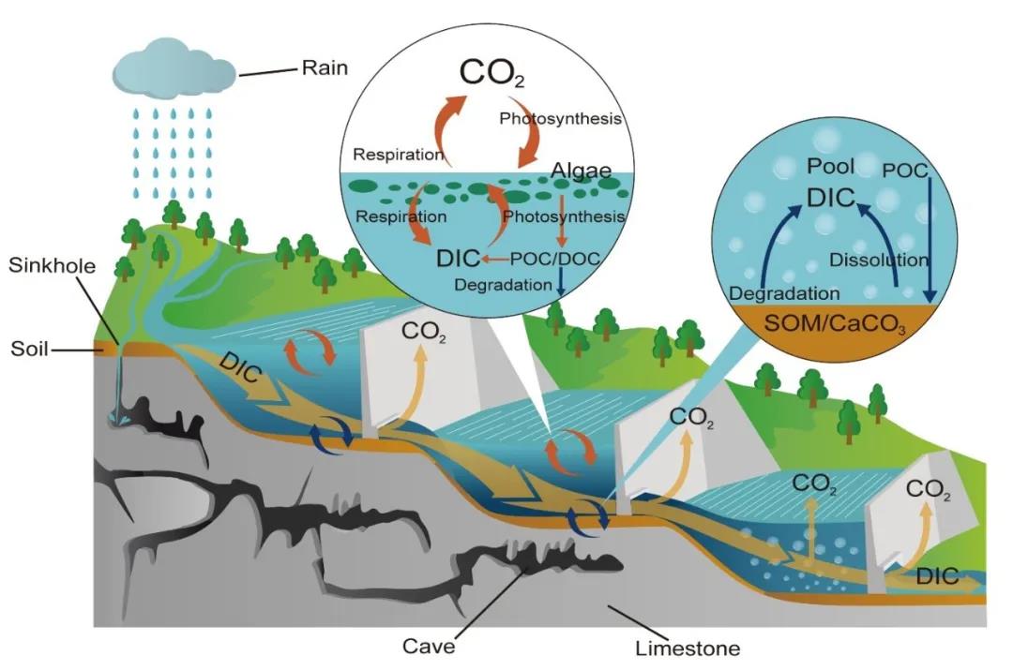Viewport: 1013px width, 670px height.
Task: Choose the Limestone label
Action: (687, 648)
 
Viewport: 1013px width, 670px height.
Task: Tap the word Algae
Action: (581, 171)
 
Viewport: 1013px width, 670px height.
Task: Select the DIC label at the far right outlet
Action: (938, 576)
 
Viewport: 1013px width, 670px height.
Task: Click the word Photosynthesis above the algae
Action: (560, 119)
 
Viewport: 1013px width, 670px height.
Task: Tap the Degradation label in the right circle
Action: (783, 293)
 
